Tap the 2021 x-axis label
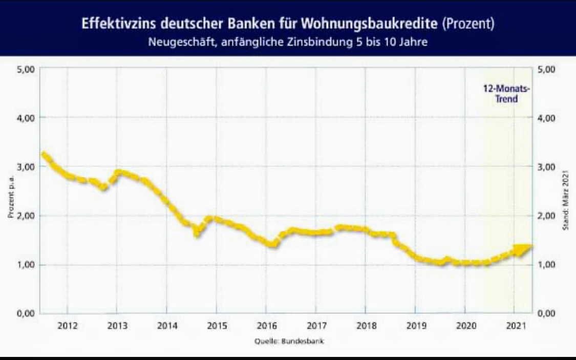point(515,326)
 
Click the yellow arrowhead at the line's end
point(523,249)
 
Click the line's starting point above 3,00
point(44,154)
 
